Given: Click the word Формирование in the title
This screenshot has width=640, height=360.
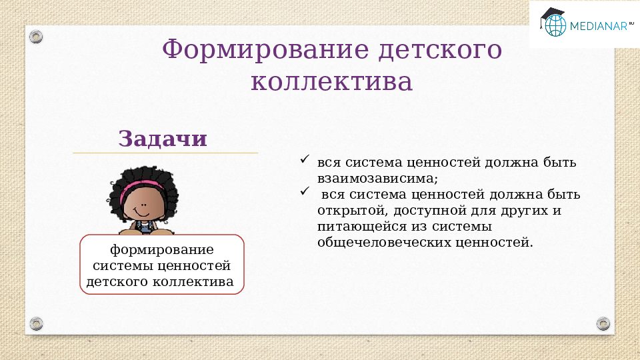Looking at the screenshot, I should coord(263,50).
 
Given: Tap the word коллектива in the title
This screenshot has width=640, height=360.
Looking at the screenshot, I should coord(331,83).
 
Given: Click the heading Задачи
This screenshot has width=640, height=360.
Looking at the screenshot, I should coord(163,139).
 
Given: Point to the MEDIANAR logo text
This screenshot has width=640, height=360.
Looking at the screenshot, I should coord(598,26).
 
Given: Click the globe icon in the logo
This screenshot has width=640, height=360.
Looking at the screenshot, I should coord(555,25).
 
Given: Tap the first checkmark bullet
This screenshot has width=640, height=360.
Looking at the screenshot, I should coord(305,160).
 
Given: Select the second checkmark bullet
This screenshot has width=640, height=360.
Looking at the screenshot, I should coord(305,192).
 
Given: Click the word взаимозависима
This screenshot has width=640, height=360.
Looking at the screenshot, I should coord(377,179).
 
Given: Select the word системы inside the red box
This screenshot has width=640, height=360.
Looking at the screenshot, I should coord(122,266).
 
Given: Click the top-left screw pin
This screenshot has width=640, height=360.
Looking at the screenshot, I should coord(37,36).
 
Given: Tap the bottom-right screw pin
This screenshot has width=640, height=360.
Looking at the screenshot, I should coord(603,323).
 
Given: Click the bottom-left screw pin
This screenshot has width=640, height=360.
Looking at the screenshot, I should coord(37,323).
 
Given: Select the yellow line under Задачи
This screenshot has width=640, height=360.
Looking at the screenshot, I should coord(165,153).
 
